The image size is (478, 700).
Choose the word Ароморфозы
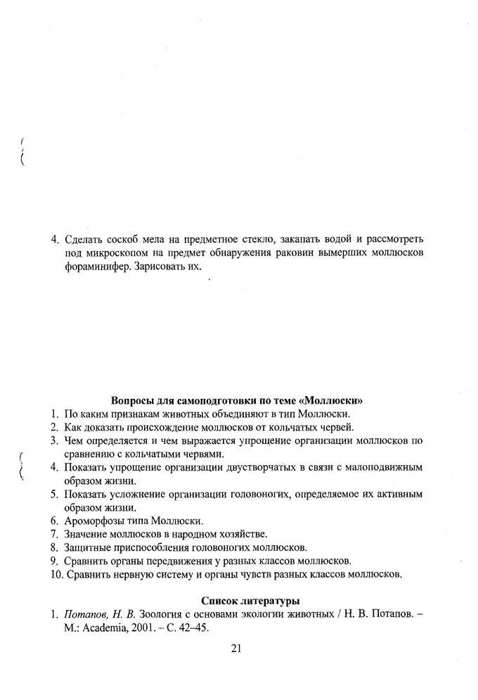(96, 521)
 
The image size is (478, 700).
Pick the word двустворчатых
(256, 467)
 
